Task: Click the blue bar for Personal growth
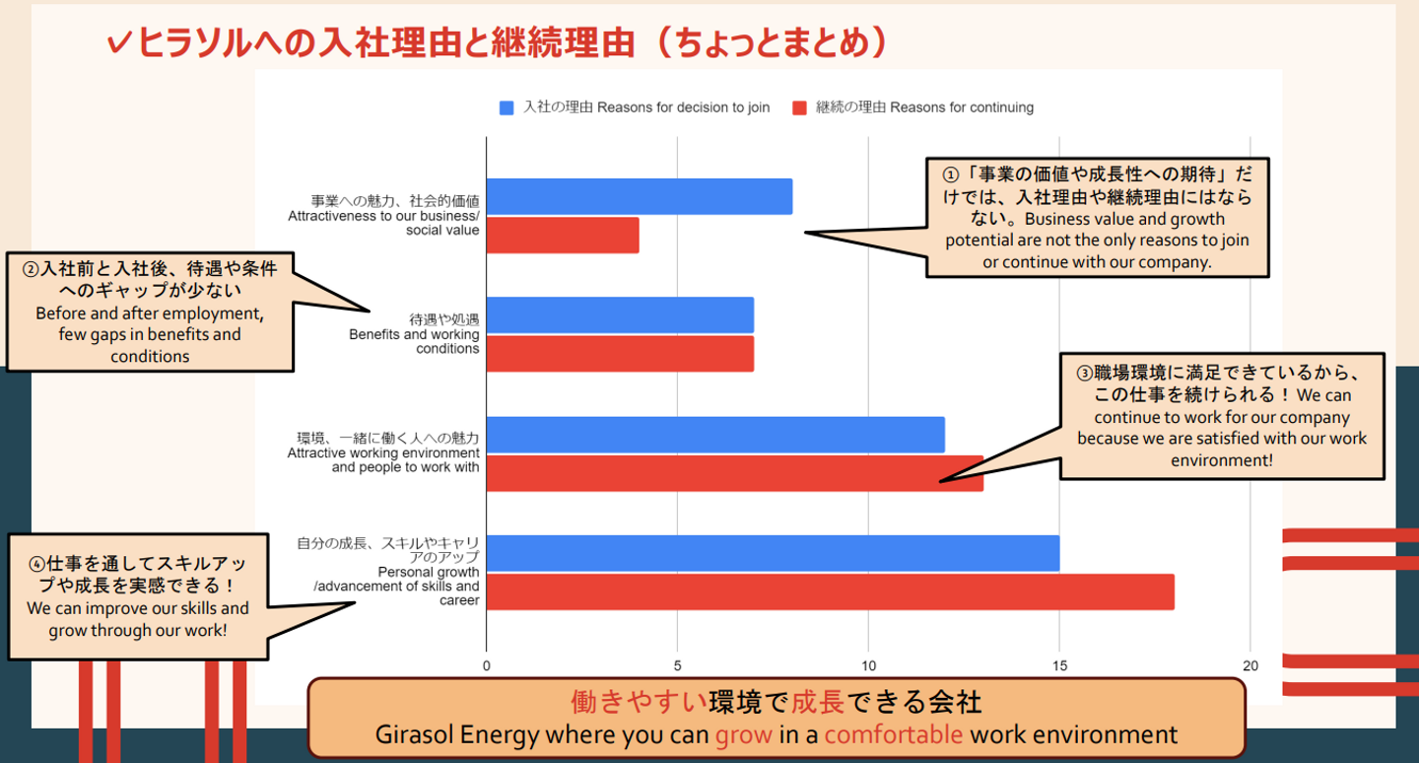pyautogui.click(x=773, y=553)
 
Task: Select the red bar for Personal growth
pyautogui.click(x=830, y=591)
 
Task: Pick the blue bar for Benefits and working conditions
pyautogui.click(x=620, y=315)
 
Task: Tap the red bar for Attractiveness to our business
pyautogui.click(x=563, y=235)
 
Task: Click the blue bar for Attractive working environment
pyautogui.click(x=715, y=435)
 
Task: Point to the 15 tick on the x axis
pyautogui.click(x=1059, y=666)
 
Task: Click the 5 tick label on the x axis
pyautogui.click(x=678, y=666)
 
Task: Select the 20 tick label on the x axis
pyautogui.click(x=1250, y=666)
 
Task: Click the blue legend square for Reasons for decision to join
pyautogui.click(x=507, y=107)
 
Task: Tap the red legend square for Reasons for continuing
pyautogui.click(x=800, y=107)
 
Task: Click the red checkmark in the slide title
pyautogui.click(x=120, y=42)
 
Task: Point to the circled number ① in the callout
pyautogui.click(x=951, y=174)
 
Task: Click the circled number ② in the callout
pyautogui.click(x=31, y=268)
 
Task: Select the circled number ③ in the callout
pyautogui.click(x=1084, y=373)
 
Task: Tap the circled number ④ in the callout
pyautogui.click(x=36, y=564)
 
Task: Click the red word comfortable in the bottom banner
pyautogui.click(x=893, y=734)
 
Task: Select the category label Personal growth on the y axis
pyautogui.click(x=429, y=572)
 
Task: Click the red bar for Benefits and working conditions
pyautogui.click(x=620, y=354)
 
